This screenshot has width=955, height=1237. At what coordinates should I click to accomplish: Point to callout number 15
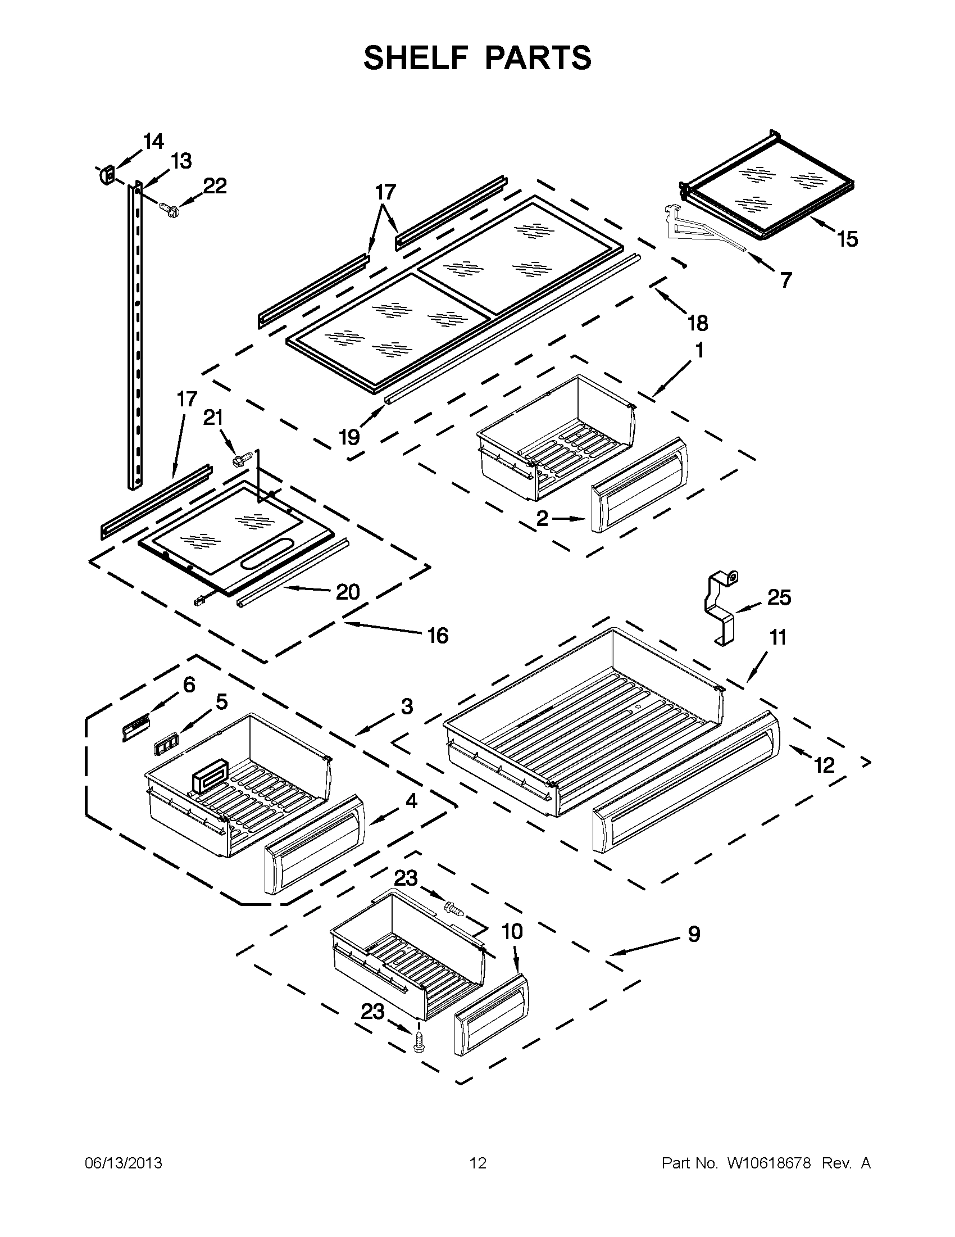848,239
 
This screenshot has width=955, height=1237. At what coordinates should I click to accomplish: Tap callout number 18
697,323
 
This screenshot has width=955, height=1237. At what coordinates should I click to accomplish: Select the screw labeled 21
238,459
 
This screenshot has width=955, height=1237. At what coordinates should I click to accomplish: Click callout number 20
348,592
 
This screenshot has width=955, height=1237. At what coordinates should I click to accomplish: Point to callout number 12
824,765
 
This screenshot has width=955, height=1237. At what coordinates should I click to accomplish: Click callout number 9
693,934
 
